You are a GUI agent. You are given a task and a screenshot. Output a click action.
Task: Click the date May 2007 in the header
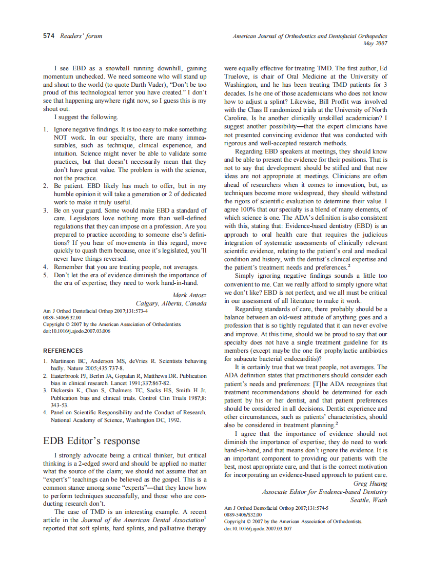375,44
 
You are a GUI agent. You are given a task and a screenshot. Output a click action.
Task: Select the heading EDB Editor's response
91,440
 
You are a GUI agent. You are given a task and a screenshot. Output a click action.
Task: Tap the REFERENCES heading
63,351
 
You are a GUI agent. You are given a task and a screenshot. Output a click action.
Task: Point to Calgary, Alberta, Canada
171,303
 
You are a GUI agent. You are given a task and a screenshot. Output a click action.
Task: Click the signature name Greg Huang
370,483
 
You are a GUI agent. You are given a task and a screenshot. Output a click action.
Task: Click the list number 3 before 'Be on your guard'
45,210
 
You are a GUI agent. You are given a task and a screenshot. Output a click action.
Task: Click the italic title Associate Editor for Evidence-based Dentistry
324,491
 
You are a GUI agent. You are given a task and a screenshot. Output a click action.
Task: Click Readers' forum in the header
81,36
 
